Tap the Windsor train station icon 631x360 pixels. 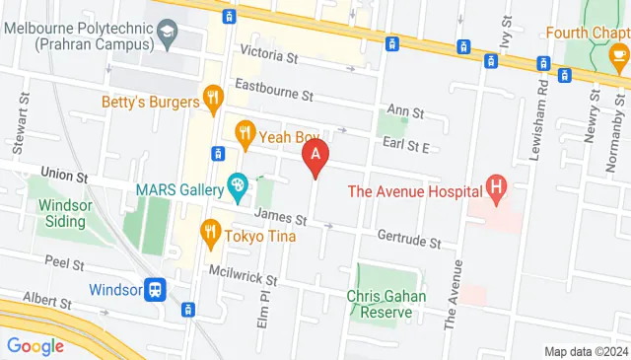(x=154, y=289)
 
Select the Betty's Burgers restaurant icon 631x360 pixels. (x=212, y=99)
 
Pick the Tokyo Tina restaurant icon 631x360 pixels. (x=209, y=234)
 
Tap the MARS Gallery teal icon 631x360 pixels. (x=237, y=184)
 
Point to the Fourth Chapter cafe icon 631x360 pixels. (x=619, y=52)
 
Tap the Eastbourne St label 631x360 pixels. (x=273, y=96)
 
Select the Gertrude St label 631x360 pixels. (x=408, y=238)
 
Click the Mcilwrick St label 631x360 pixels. (x=243, y=275)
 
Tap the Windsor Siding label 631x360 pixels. (x=67, y=214)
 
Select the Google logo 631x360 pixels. (x=35, y=345)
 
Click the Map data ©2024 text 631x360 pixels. (x=586, y=351)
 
